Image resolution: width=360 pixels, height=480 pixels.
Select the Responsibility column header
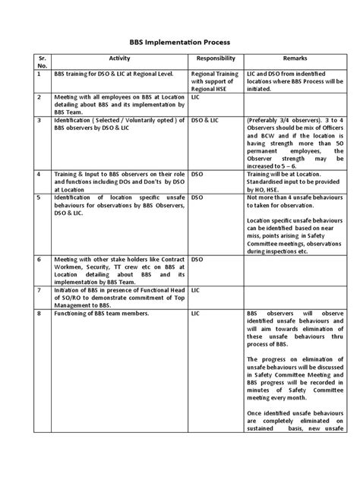pyautogui.click(x=216, y=58)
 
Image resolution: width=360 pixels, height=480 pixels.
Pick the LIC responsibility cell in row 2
pyautogui.click(x=196, y=98)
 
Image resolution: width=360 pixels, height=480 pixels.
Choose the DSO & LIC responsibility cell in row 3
pyautogui.click(x=204, y=120)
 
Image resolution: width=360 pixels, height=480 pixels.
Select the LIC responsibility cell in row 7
pyautogui.click(x=196, y=290)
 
